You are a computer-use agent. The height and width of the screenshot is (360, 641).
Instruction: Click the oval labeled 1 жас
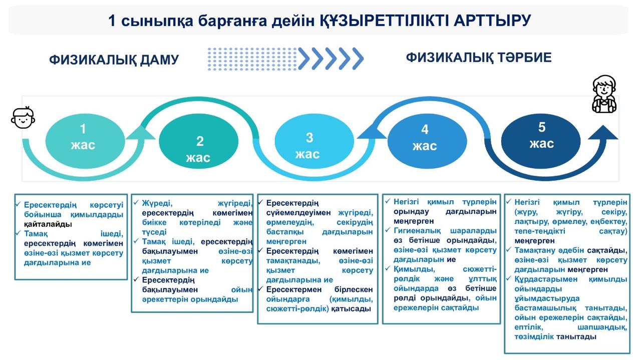click(x=85, y=141)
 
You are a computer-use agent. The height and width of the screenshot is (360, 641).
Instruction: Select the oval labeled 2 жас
click(x=199, y=141)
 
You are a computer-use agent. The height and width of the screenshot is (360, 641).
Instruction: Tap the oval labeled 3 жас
click(x=314, y=141)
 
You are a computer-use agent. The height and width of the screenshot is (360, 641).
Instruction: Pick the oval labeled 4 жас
click(x=427, y=141)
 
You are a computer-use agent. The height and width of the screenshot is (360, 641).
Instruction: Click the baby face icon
click(x=23, y=117)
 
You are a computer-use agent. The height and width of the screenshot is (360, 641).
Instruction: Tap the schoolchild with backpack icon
click(x=604, y=94)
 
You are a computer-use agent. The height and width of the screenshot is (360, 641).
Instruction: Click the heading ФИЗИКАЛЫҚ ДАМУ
click(x=114, y=60)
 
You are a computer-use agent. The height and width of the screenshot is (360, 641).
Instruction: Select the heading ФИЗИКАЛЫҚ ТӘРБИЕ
click(x=479, y=58)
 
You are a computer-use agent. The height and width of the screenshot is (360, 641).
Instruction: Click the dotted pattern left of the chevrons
click(x=252, y=59)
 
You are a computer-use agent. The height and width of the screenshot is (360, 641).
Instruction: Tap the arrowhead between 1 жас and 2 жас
click(x=141, y=132)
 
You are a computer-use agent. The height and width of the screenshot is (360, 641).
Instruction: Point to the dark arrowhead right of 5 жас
click(x=603, y=132)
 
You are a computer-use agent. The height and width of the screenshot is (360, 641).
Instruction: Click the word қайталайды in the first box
click(x=48, y=224)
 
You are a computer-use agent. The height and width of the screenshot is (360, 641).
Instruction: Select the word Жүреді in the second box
click(x=157, y=203)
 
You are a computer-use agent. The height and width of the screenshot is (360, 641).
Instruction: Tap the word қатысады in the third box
click(x=351, y=309)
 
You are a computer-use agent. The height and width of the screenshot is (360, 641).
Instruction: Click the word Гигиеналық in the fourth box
click(x=417, y=231)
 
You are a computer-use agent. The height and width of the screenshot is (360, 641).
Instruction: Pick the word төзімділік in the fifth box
click(x=534, y=337)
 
